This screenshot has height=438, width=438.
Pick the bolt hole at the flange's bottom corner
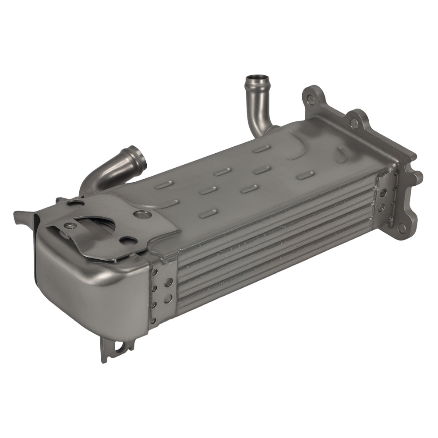point(401,228)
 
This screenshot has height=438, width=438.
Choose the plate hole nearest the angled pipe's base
point(75,203)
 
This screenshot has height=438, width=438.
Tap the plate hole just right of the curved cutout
point(128,240)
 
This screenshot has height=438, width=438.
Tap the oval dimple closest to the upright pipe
point(261,149)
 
